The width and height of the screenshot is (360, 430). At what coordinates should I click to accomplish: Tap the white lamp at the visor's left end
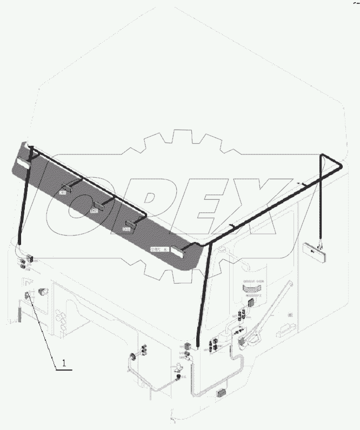[22, 162]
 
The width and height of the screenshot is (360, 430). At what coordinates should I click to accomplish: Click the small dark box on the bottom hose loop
[221, 393]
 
